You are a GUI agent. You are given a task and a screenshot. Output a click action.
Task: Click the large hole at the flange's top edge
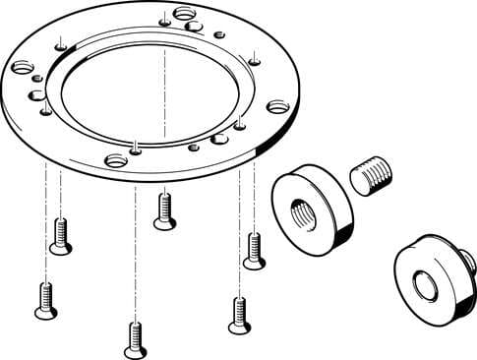point(184,14)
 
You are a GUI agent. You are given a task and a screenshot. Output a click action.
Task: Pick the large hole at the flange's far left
point(21,68)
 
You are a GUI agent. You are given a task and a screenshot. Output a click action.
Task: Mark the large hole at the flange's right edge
point(279,105)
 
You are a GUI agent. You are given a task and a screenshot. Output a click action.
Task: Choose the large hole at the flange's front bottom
point(116,159)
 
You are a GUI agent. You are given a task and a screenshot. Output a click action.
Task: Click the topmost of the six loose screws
point(165,210)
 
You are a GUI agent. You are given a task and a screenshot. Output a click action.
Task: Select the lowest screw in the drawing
point(136,339)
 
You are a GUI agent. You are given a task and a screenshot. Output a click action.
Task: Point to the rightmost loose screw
point(254,250)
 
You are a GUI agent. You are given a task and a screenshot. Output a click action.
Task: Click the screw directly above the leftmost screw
point(60,236)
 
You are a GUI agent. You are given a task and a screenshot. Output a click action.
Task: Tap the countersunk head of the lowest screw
point(136,350)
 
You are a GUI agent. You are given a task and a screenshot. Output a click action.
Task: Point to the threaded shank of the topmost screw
point(165,203)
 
